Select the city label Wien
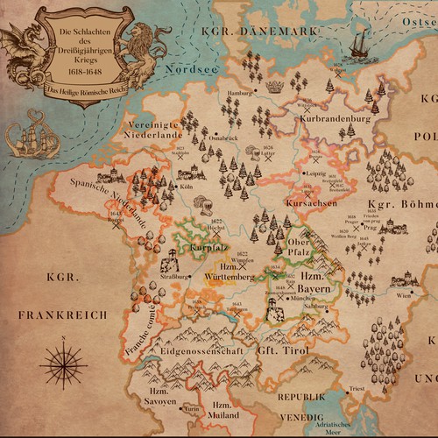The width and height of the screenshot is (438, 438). pos(402,296)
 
